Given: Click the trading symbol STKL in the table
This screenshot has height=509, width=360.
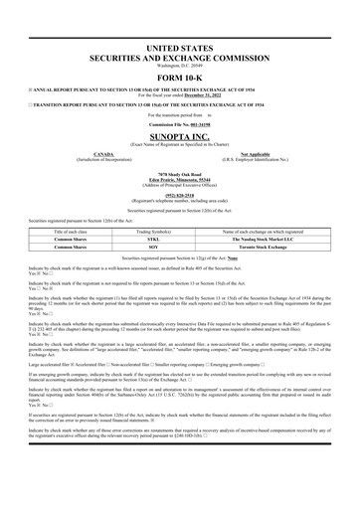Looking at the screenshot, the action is pos(180,239).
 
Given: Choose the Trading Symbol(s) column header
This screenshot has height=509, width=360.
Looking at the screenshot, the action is pos(180,230).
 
